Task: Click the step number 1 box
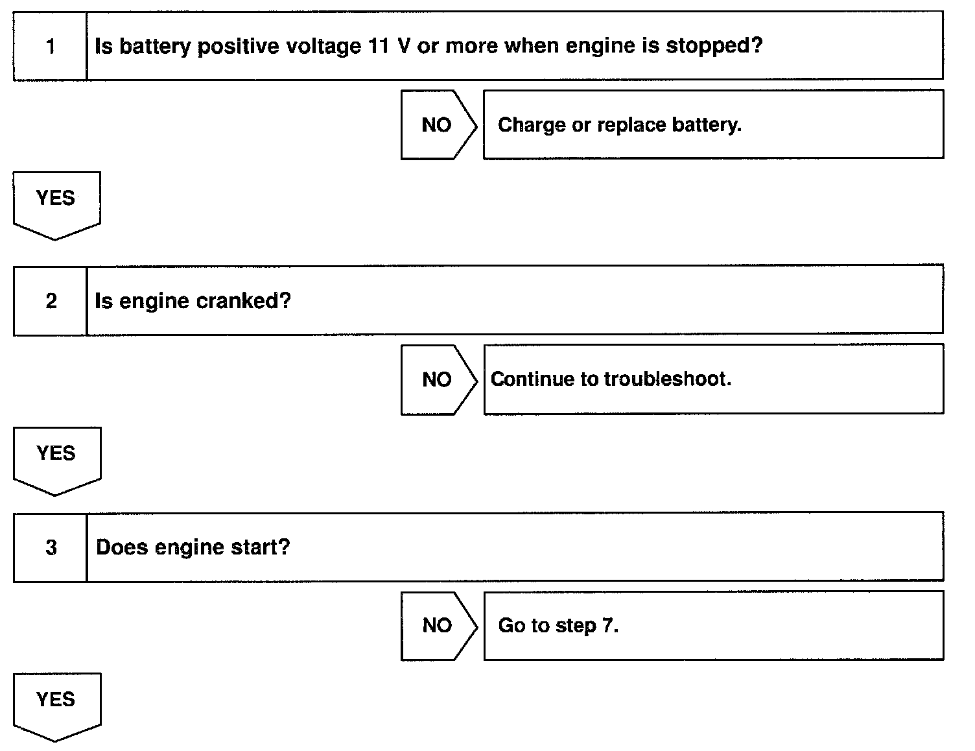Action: (50, 46)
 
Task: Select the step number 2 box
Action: (50, 301)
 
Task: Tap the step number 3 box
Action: (51, 547)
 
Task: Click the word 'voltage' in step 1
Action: (316, 46)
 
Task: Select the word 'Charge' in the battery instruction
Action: (532, 125)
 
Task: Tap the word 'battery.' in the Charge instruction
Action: (706, 125)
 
